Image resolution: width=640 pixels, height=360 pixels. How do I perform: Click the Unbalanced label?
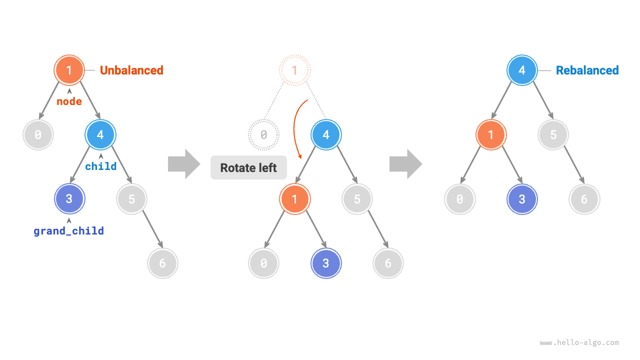click(x=131, y=70)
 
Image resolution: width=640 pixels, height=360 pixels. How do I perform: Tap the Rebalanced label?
click(x=587, y=70)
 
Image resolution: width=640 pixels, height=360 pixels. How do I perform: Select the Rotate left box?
click(x=248, y=168)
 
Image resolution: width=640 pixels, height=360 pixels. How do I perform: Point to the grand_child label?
click(x=69, y=231)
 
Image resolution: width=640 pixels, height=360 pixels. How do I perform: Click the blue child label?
click(x=101, y=166)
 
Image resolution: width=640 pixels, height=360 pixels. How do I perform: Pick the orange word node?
click(x=69, y=101)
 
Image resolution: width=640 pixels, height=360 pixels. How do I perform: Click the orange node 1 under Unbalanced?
click(x=69, y=70)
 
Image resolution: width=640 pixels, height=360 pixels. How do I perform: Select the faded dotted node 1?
click(x=294, y=70)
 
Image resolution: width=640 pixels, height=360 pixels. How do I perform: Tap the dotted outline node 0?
click(x=263, y=134)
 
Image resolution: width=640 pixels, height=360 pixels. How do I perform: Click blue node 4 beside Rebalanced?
click(x=522, y=70)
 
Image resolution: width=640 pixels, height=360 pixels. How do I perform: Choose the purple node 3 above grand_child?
click(x=69, y=199)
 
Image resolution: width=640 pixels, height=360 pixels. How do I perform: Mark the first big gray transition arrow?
click(x=183, y=163)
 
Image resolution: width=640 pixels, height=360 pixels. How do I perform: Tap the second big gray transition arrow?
click(x=405, y=163)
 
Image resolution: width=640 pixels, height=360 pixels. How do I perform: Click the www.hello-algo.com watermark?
click(x=579, y=343)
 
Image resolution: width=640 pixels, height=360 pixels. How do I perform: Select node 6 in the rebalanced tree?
click(x=584, y=199)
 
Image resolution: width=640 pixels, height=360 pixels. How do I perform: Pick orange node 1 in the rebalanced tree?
click(x=491, y=134)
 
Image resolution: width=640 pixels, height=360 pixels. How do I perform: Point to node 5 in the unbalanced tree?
click(x=131, y=199)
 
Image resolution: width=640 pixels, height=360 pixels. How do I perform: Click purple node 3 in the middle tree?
click(x=325, y=263)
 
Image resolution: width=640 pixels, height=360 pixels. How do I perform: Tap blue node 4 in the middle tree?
click(x=325, y=134)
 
